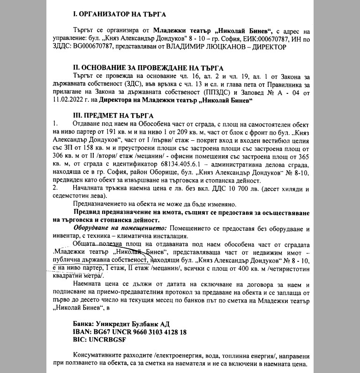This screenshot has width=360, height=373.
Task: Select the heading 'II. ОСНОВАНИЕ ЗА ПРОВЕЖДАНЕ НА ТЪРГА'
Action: tap(149, 68)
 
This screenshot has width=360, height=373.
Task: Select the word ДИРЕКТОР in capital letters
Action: tap(271, 47)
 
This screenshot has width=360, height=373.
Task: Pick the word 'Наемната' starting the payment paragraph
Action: tap(88, 285)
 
